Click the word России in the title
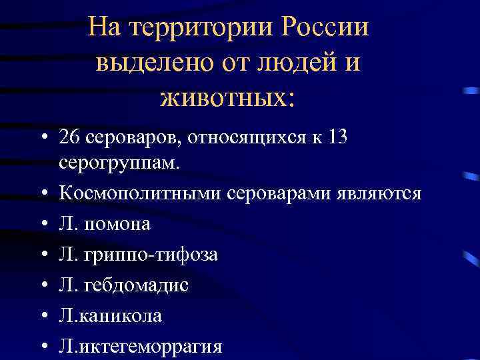[325, 28]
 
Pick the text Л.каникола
[110, 315]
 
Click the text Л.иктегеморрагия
[140, 346]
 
